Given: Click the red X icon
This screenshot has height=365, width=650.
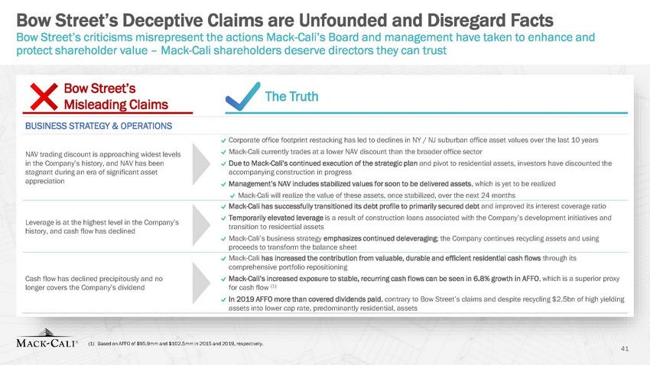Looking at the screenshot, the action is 44,97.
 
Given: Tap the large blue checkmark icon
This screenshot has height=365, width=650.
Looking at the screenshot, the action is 242,96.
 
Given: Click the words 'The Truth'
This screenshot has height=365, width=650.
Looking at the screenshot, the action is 291,96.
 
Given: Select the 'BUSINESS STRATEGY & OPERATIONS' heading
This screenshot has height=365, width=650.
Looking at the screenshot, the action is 99,126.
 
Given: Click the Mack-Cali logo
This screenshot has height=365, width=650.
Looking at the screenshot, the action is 47,338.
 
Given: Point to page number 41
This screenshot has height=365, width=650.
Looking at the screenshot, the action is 625,349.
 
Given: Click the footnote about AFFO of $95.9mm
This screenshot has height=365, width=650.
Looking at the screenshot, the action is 176,344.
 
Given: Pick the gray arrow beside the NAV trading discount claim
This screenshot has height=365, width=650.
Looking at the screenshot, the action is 201,164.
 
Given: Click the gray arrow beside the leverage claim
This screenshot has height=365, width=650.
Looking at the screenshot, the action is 201,224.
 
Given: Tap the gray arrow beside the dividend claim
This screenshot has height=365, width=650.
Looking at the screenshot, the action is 201,283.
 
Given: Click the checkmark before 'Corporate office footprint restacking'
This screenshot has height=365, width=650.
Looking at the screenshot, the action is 224,141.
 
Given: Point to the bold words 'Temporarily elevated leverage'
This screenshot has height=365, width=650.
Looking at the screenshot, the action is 275,218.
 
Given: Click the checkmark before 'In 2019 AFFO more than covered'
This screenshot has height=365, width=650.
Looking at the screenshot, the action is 224,299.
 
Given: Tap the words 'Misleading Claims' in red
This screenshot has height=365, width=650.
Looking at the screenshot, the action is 116,105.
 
